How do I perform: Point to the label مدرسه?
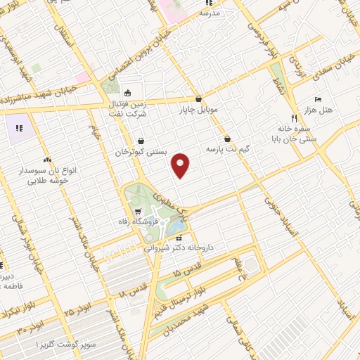point(210,13)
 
